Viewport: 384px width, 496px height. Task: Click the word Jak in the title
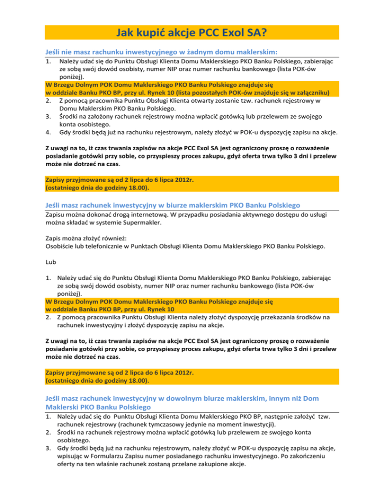pyautogui.click(x=128, y=32)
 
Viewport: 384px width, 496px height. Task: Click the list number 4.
pyautogui.click(x=47, y=132)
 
